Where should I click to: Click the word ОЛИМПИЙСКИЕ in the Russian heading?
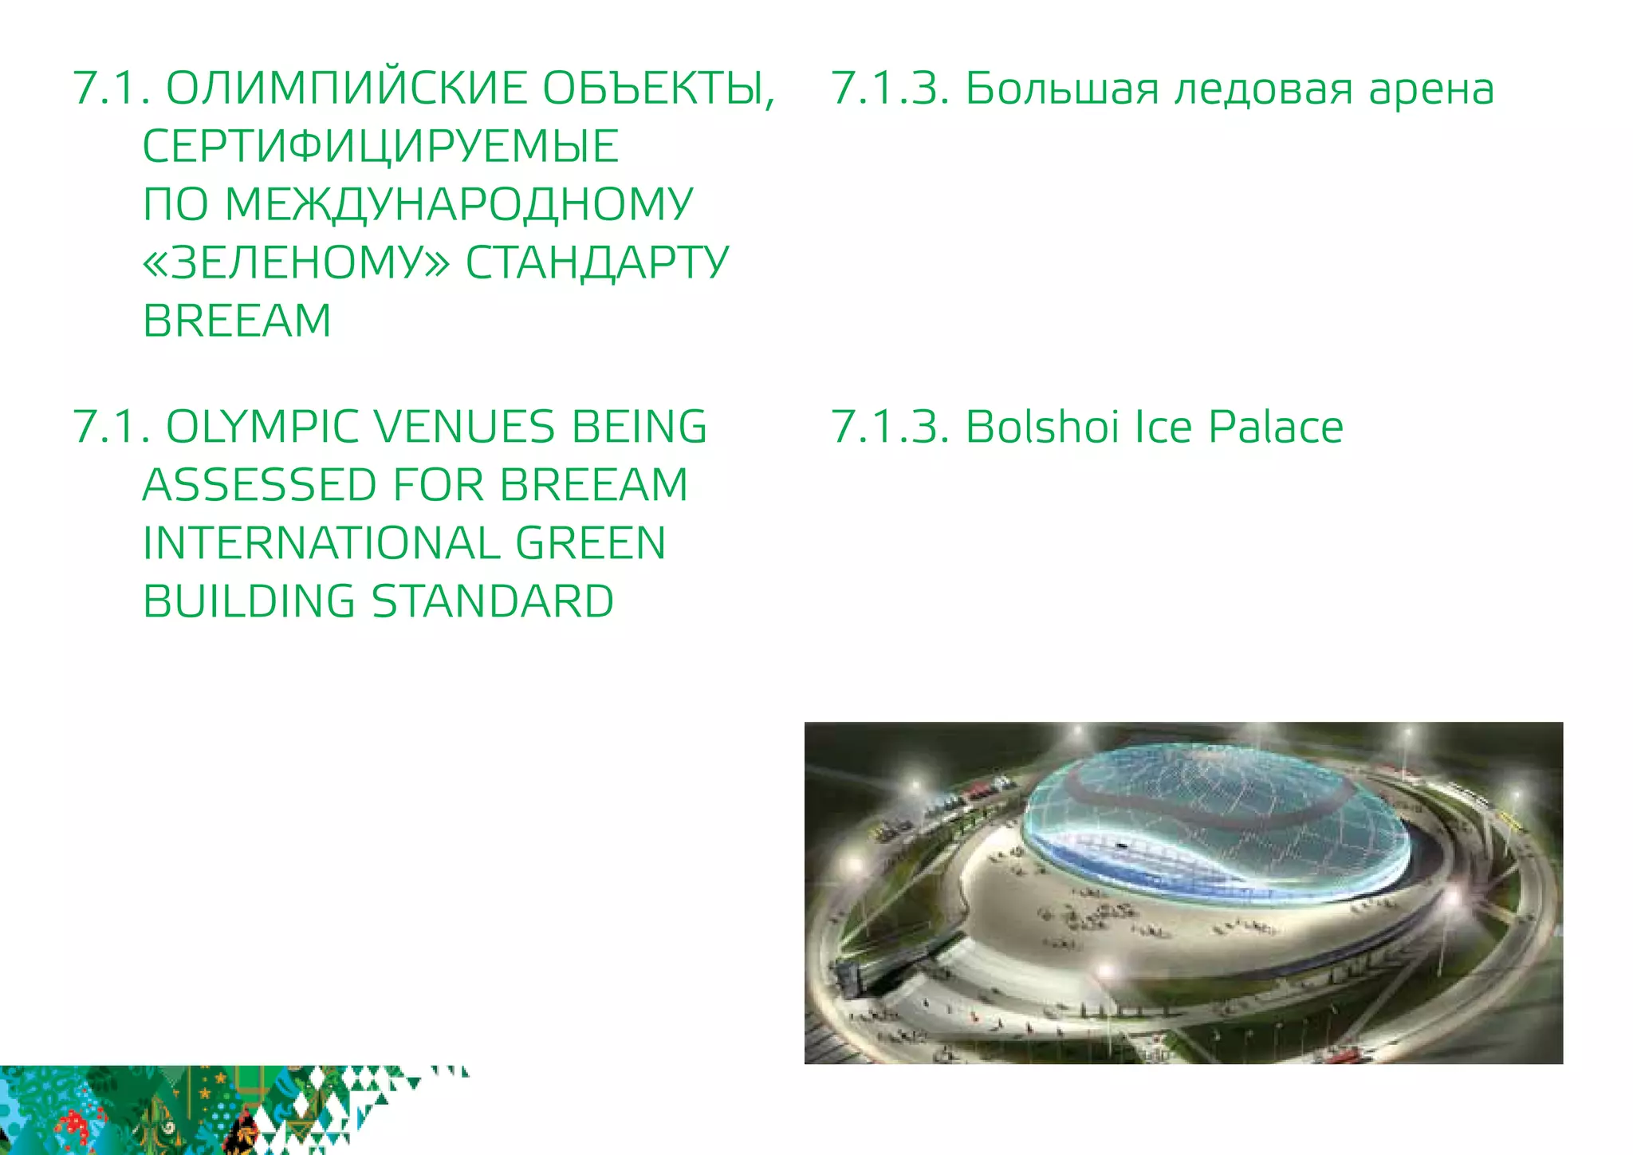[346, 88]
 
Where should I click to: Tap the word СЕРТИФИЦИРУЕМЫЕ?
[380, 146]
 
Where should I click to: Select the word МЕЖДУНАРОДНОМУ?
[458, 204]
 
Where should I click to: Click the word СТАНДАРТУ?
[597, 262]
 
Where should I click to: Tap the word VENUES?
[465, 427]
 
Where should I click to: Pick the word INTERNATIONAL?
[321, 543]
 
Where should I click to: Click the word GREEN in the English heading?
[591, 543]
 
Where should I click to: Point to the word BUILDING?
[249, 601]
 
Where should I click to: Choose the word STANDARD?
[493, 601]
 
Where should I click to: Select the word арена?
[1432, 88]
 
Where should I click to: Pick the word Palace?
[1276, 427]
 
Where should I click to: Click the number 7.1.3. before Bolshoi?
[890, 427]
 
